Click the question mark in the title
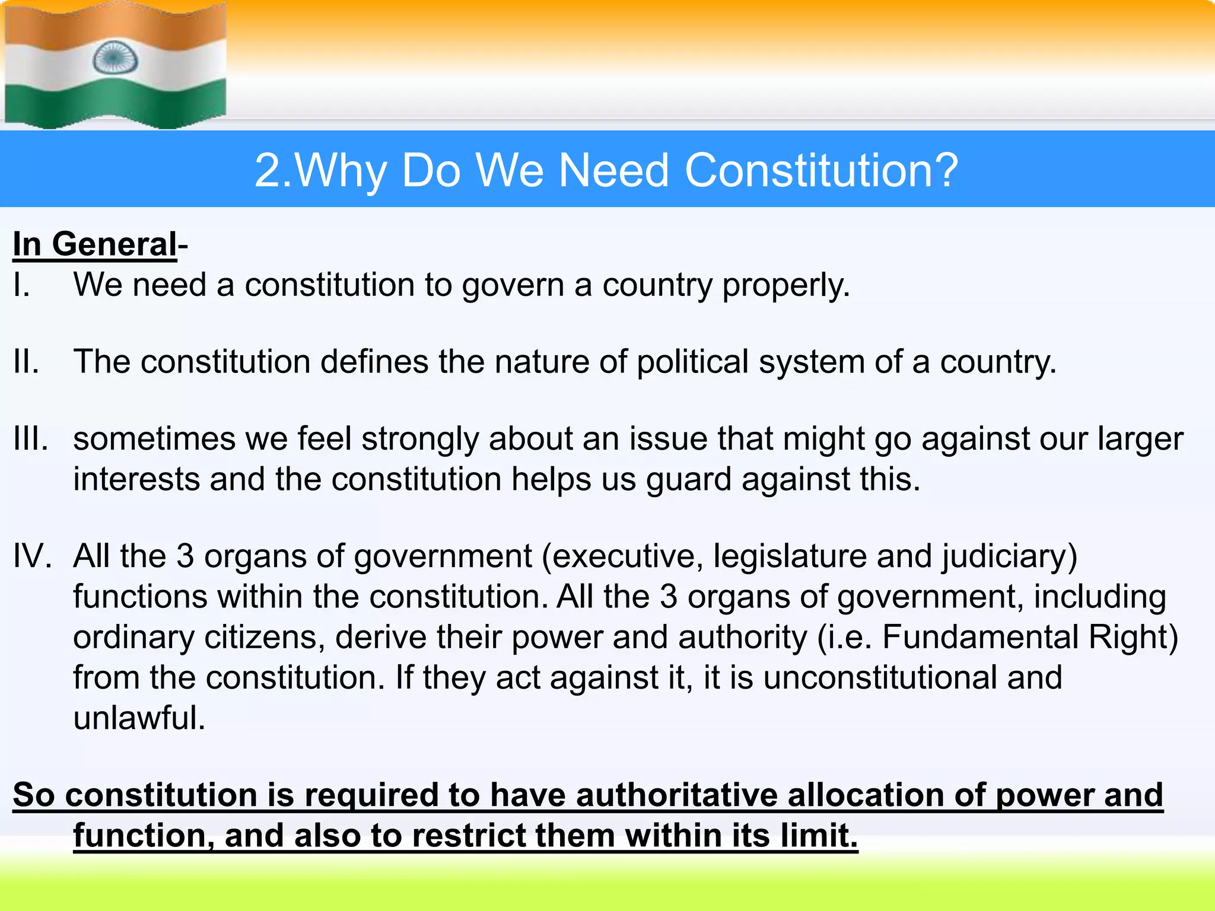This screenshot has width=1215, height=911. coord(944,170)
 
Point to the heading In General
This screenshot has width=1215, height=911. coord(95,244)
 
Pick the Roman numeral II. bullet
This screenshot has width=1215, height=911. coord(26,362)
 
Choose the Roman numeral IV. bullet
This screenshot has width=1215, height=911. coord(33,556)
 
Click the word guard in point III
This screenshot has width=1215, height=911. coord(688,479)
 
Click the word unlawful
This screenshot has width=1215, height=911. coord(138,718)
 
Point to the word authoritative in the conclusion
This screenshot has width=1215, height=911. coord(676,795)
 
